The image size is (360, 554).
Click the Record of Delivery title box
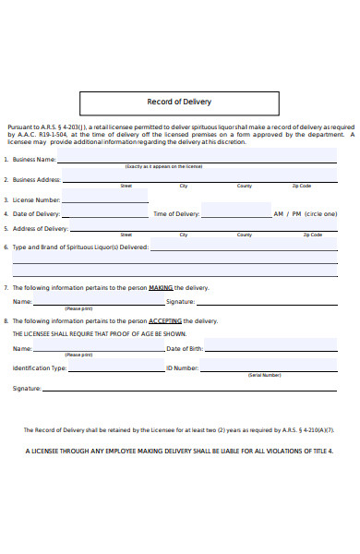(x=179, y=102)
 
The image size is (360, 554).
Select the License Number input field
(x=104, y=199)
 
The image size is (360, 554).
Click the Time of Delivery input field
(x=234, y=213)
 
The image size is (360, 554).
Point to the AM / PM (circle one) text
(x=306, y=214)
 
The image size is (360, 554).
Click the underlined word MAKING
(x=161, y=287)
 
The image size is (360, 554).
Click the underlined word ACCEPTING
(x=168, y=320)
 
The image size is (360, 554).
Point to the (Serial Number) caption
(x=264, y=376)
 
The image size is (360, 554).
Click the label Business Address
(x=37, y=179)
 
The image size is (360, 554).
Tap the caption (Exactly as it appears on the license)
(x=163, y=167)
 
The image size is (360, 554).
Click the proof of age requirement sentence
(x=100, y=333)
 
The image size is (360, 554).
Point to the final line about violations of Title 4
(x=179, y=452)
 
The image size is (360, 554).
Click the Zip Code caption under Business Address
(x=301, y=186)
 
